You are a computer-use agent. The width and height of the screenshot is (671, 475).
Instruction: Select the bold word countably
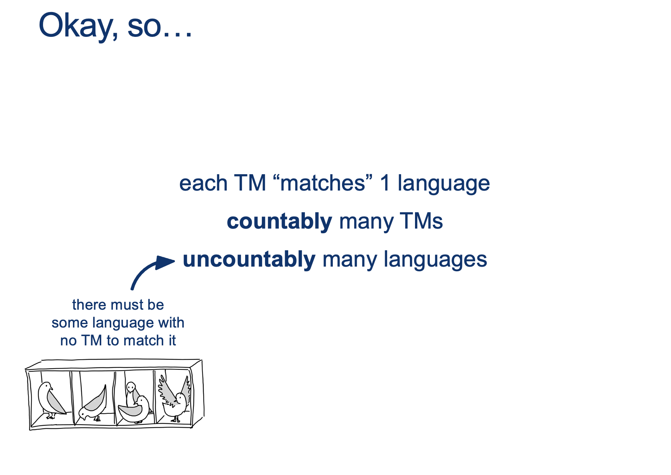pyautogui.click(x=279, y=222)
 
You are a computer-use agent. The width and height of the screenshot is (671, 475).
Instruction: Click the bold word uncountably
pyautogui.click(x=249, y=259)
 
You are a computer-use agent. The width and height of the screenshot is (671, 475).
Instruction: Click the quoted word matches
pyautogui.click(x=323, y=183)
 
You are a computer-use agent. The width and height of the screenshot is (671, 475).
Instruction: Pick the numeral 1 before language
pyautogui.click(x=385, y=183)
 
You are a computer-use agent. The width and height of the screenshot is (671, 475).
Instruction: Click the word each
pyautogui.click(x=203, y=183)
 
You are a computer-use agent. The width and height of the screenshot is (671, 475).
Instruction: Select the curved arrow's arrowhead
pyautogui.click(x=165, y=262)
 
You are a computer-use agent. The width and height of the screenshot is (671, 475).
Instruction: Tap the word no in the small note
pyautogui.click(x=69, y=341)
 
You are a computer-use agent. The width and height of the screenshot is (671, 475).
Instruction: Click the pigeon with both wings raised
pyautogui.click(x=175, y=397)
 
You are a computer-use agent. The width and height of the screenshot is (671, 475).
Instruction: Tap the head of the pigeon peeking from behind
pyautogui.click(x=131, y=387)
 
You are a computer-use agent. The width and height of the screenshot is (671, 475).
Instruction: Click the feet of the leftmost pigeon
pyautogui.click(x=51, y=416)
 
